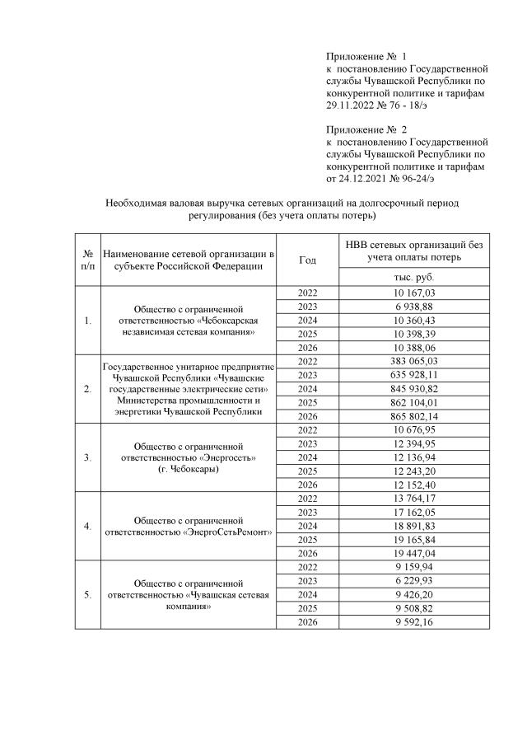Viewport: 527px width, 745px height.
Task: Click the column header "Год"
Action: coord(307,260)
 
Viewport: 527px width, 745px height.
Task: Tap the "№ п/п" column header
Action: coord(87,260)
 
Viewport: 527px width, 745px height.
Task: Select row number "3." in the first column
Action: coord(87,457)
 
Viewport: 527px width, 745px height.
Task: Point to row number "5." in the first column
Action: coord(87,593)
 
